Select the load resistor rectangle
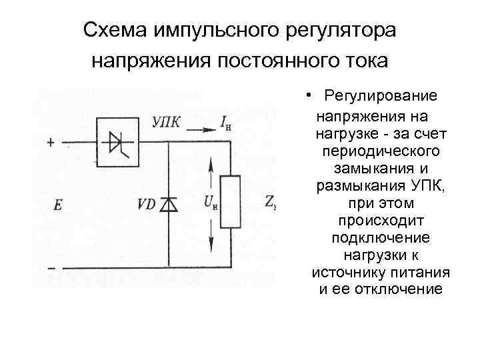[230, 201]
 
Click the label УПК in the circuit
[166, 121]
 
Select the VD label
[146, 205]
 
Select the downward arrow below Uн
[212, 233]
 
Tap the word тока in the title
[361, 61]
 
